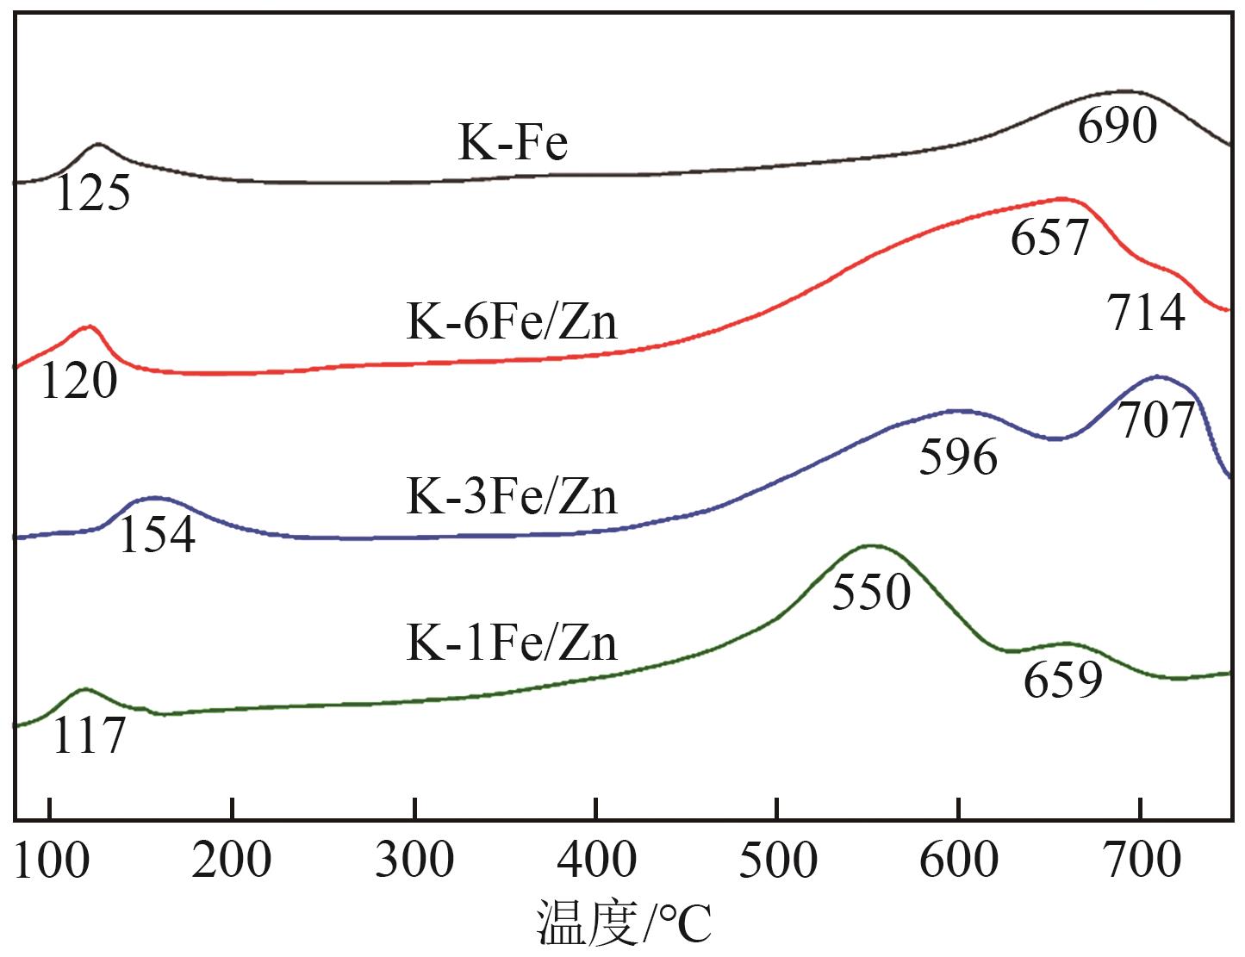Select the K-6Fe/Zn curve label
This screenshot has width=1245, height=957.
(512, 324)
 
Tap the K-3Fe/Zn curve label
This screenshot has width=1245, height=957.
(512, 497)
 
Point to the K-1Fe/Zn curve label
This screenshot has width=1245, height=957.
(512, 643)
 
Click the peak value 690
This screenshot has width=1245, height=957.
(1117, 126)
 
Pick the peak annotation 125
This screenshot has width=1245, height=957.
(92, 194)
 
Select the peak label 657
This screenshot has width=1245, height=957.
(1049, 238)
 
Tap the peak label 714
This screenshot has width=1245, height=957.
(1147, 314)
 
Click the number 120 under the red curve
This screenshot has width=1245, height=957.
(78, 382)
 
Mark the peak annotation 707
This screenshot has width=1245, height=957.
(1157, 420)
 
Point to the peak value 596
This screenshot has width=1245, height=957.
(958, 457)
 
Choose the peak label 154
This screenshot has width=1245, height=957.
(156, 535)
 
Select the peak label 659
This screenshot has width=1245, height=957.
(1063, 680)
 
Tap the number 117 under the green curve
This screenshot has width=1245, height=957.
(89, 737)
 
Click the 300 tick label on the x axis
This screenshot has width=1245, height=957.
(414, 860)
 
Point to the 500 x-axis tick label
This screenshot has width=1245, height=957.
(777, 860)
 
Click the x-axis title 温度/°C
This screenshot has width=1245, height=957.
(625, 923)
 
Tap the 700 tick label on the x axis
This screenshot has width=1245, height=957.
(1140, 860)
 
